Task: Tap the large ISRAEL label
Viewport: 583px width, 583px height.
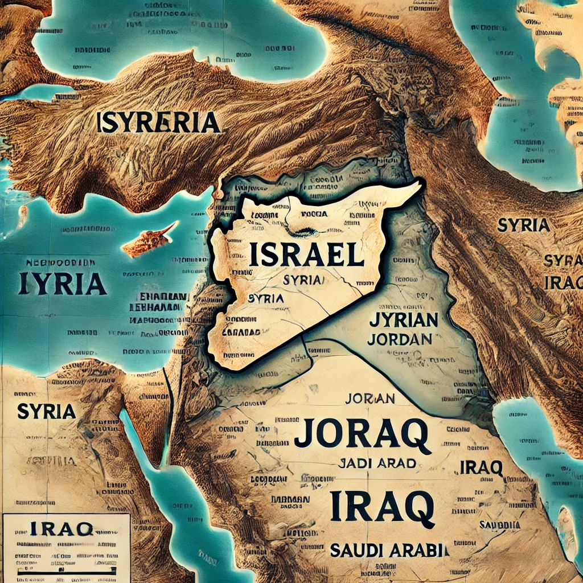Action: pyautogui.click(x=306, y=255)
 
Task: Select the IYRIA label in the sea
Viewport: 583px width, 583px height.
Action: pyautogui.click(x=62, y=284)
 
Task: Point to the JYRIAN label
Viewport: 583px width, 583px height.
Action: pyautogui.click(x=403, y=320)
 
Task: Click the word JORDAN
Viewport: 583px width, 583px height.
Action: pyautogui.click(x=400, y=339)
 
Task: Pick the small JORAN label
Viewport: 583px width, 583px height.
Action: pyautogui.click(x=370, y=399)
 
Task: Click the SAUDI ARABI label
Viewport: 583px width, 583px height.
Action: pyautogui.click(x=389, y=550)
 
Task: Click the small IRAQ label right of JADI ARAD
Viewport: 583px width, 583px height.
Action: pyautogui.click(x=481, y=467)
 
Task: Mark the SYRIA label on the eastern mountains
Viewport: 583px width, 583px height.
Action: pyautogui.click(x=523, y=225)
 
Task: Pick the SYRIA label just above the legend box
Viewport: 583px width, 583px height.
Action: pyautogui.click(x=47, y=411)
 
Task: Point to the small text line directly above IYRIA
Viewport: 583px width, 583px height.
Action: pyautogui.click(x=61, y=264)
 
